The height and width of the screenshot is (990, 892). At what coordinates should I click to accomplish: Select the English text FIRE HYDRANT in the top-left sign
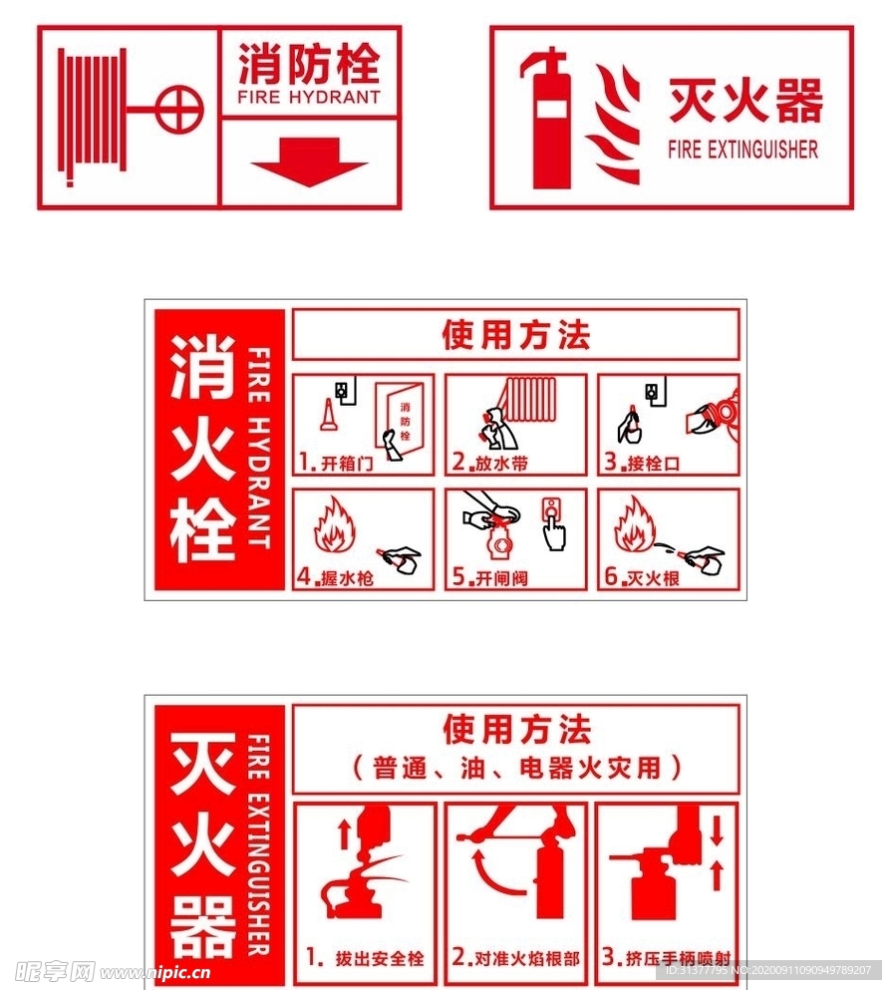(309, 98)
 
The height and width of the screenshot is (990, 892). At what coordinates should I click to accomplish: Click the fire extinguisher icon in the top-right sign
(549, 119)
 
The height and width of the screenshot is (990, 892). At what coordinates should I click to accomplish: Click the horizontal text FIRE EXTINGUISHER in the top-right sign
(743, 150)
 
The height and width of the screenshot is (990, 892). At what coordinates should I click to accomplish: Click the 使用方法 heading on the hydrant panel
(516, 335)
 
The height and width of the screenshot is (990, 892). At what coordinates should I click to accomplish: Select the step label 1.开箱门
(334, 463)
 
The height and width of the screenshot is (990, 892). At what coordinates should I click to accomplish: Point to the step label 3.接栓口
(641, 463)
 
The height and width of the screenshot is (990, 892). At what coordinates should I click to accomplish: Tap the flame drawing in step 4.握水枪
(334, 527)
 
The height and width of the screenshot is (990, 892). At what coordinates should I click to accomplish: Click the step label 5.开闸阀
(489, 576)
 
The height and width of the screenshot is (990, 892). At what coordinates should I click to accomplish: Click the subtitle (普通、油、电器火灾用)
(516, 768)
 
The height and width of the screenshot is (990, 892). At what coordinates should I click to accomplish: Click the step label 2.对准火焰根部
(515, 958)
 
